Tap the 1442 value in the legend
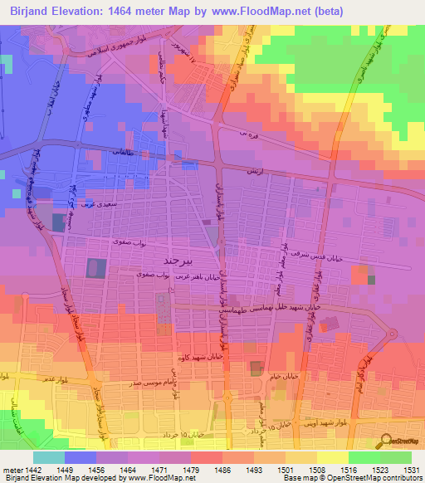[x=33, y=469]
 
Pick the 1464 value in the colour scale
[x=127, y=469]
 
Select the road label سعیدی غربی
[x=103, y=202]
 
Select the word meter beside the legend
[x=12, y=469]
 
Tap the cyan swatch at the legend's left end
[x=48, y=457]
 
